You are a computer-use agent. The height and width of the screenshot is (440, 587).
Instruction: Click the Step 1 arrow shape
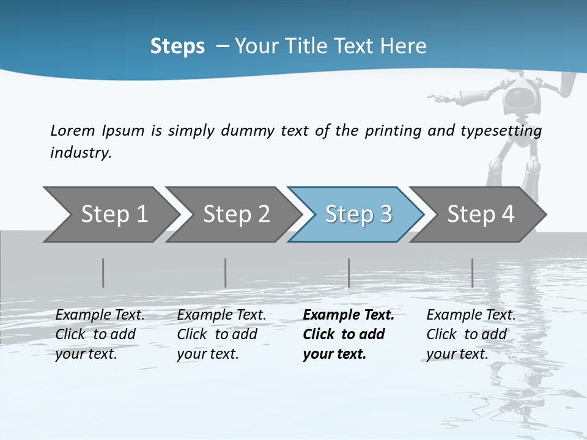coord(110,215)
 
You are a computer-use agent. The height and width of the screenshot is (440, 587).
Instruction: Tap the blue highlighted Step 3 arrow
coord(356,215)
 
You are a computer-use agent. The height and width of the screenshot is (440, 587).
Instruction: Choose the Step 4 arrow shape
coord(478,215)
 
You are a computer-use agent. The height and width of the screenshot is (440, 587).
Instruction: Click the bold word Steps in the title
coord(177,46)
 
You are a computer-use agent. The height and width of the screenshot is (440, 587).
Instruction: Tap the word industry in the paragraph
coord(80,152)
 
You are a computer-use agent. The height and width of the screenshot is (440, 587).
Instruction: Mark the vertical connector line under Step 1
coord(103,273)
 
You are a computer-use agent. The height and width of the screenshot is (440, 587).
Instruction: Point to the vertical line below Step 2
coord(226,273)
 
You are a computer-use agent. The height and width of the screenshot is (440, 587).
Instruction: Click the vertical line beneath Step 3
coord(349,273)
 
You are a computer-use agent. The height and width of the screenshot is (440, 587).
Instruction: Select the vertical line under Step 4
coord(472,273)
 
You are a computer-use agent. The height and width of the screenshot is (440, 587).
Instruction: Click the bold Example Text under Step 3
coord(349,315)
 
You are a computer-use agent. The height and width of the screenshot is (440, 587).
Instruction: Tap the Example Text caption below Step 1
coord(100,315)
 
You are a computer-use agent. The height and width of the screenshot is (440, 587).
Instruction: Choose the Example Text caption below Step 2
coord(221,315)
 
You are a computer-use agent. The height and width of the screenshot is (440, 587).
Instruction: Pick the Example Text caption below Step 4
coord(471,315)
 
